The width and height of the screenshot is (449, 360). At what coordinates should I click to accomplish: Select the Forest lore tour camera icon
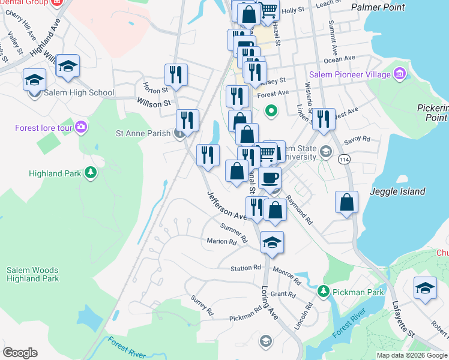coord(82,127)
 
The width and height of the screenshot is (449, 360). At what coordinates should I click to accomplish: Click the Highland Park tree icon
coord(91,173)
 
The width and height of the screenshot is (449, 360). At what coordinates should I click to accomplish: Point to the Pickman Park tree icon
coord(324,292)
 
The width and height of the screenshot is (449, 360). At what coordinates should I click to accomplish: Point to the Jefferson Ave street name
coord(228,206)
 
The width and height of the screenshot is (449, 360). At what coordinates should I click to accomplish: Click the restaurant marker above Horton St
coord(176,74)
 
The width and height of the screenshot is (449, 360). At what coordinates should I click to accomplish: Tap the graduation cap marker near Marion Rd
coord(272,242)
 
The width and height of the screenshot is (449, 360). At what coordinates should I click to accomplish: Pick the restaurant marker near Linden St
coord(324,118)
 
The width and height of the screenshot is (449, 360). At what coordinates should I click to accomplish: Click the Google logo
coord(20,353)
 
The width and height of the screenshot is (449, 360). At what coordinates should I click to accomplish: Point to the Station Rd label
coord(246,268)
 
